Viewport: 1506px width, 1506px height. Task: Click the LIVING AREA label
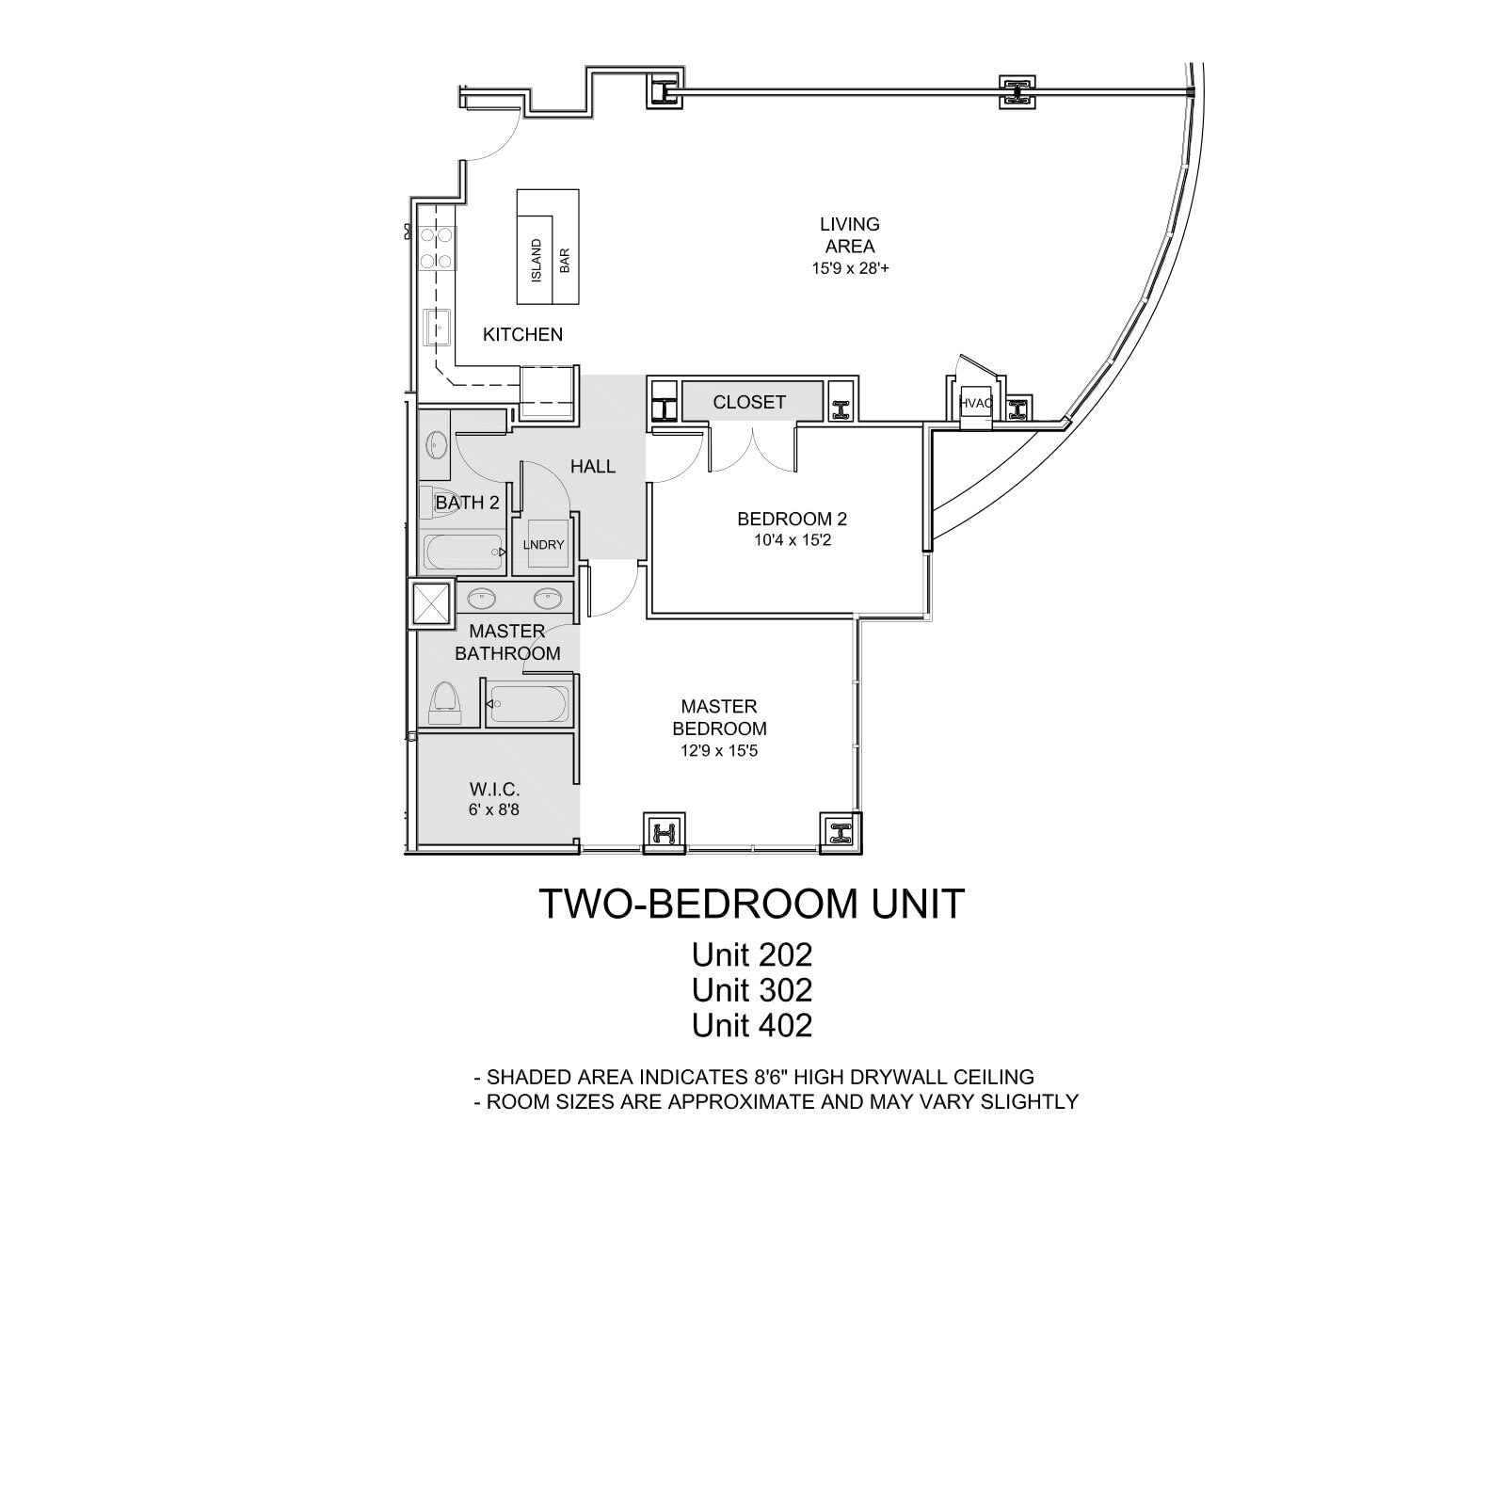point(850,235)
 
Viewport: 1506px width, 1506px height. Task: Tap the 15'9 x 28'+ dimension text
point(850,268)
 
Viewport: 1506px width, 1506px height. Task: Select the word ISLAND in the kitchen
point(537,261)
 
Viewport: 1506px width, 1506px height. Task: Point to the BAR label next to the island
point(565,261)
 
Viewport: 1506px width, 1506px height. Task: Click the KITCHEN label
point(522,334)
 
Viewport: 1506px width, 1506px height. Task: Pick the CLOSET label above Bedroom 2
point(749,402)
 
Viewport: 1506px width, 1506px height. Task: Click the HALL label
point(593,466)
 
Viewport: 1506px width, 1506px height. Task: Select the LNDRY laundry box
point(544,544)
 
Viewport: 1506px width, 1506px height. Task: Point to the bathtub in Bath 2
point(463,553)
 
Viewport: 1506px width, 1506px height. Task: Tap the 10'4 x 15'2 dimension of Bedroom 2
point(792,540)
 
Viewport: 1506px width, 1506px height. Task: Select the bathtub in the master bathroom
point(529,704)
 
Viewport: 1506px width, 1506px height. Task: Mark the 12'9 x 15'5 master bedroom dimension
point(719,751)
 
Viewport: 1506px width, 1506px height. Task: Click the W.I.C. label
point(494,790)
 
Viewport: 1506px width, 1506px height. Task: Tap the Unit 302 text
point(751,989)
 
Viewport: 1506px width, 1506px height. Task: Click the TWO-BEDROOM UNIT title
point(751,904)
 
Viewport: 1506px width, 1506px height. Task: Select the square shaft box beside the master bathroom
point(432,604)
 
